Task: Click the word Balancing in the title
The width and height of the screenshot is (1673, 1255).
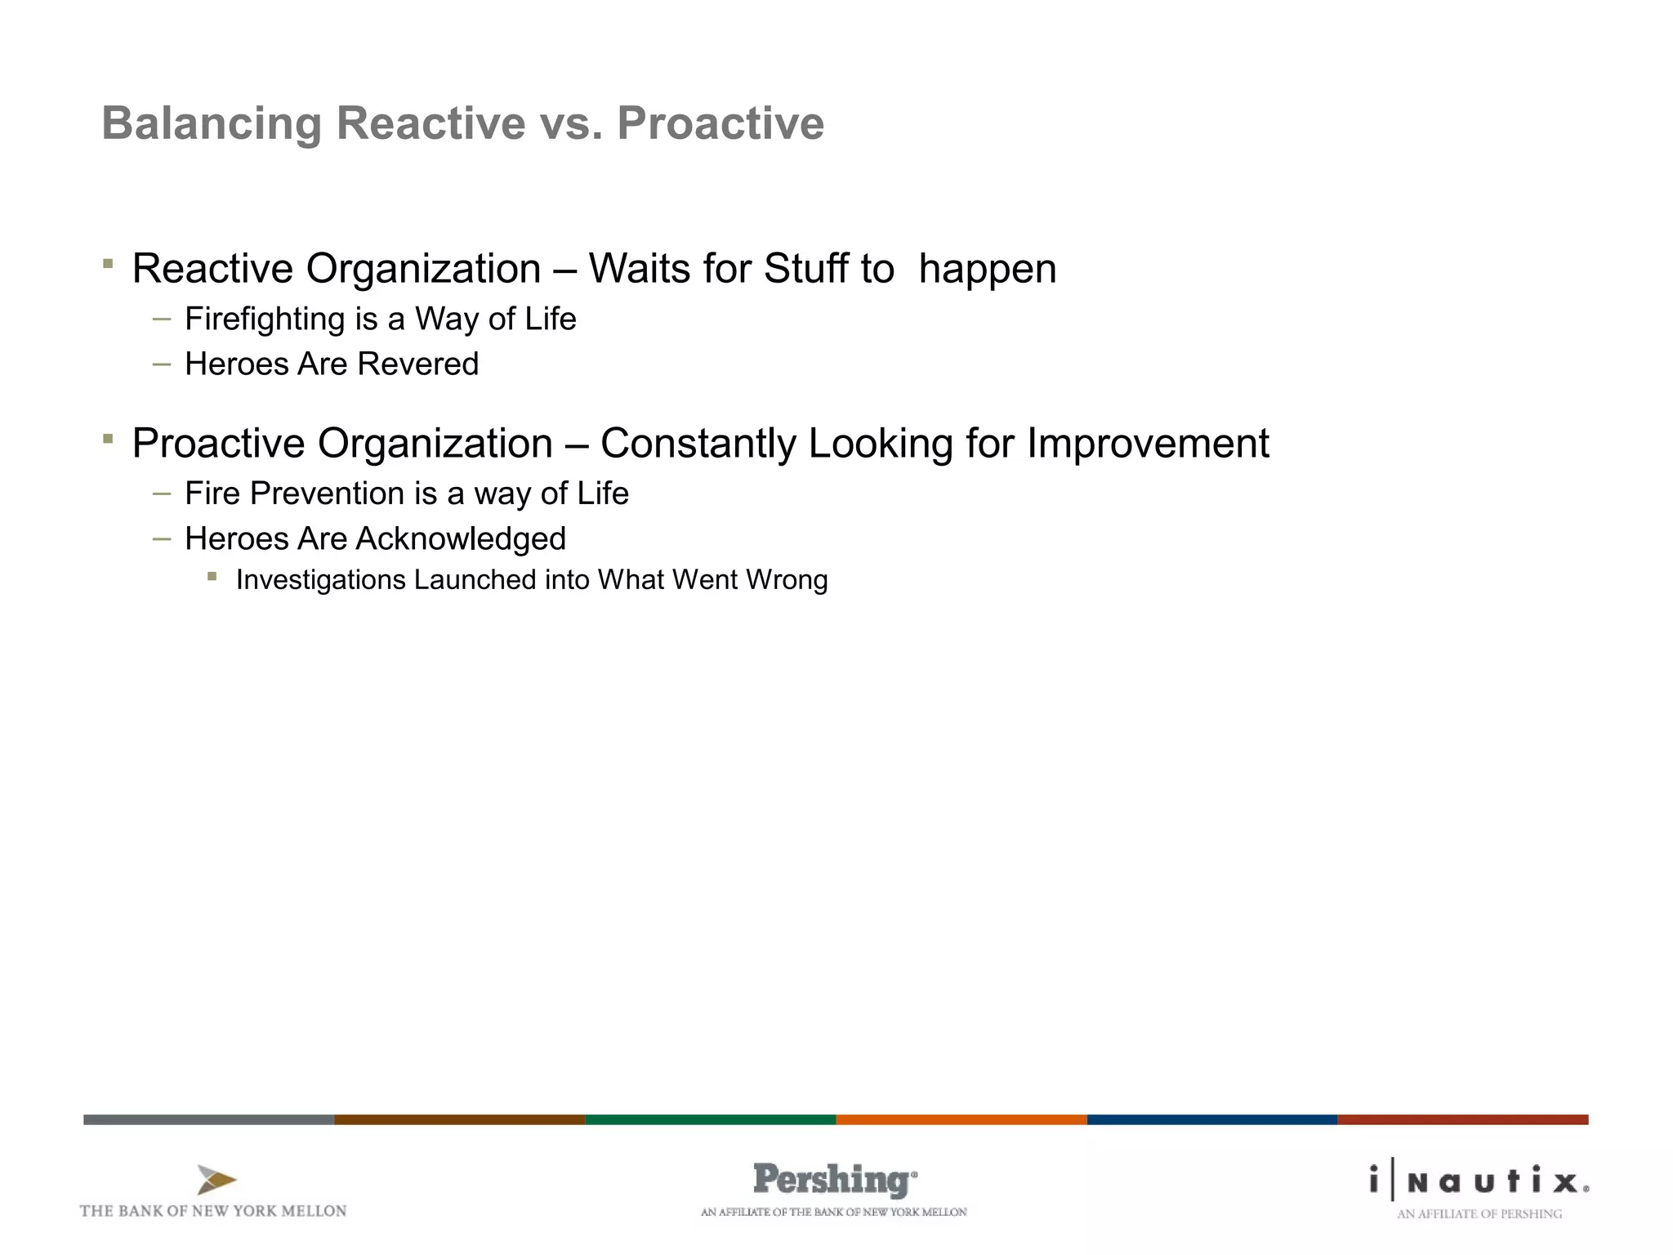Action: point(212,124)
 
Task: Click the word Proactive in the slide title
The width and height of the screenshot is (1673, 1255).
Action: point(720,123)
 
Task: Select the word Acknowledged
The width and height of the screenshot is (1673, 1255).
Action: point(461,539)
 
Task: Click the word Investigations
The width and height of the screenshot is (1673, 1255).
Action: point(320,580)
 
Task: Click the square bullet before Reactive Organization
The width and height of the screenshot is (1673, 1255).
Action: point(108,263)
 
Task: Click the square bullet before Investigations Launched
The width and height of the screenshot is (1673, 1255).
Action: point(212,577)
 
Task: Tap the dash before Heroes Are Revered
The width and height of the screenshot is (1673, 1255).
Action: point(162,364)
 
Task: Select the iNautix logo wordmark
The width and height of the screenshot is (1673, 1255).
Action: point(1479,1181)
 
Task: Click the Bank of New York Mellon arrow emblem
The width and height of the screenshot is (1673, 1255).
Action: point(216,1180)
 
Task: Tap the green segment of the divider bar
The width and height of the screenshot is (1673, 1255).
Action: point(710,1119)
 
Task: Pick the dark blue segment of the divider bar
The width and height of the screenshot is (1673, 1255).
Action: point(1211,1119)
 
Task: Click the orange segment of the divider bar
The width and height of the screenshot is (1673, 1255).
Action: point(961,1119)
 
